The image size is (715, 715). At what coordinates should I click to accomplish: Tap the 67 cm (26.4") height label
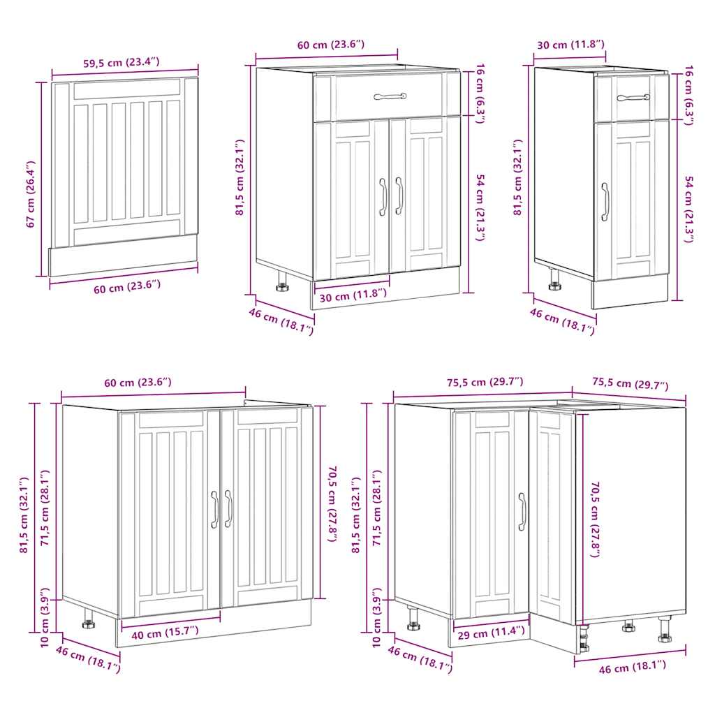pos(30,194)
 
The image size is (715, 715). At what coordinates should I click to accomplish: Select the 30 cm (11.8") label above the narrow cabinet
pos(570,45)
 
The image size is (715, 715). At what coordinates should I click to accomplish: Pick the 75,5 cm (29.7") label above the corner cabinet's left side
pos(485,382)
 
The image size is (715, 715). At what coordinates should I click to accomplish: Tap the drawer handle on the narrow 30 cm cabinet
pos(633,97)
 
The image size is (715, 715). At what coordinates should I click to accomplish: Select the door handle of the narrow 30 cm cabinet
pos(605,202)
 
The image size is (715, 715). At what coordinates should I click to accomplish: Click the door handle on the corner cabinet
pos(522,512)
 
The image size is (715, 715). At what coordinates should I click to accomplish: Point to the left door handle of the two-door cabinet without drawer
pos(215,509)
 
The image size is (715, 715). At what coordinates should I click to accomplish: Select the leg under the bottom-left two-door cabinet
pos(89,619)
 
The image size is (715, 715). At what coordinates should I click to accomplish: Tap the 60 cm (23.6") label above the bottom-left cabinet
pos(137,382)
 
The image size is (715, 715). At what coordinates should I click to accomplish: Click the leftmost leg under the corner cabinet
pos(413,617)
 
